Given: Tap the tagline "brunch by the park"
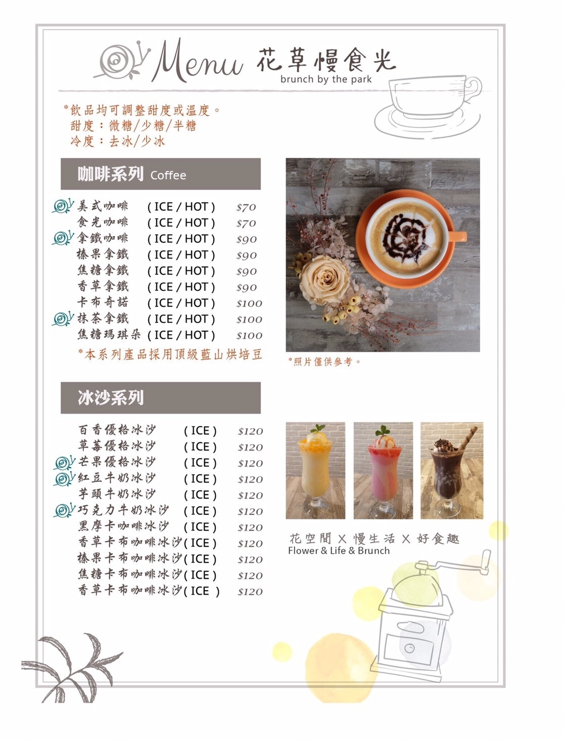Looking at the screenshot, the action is click(326, 79).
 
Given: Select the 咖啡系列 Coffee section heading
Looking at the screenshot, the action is click(161, 174).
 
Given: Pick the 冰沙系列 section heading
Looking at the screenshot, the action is click(161, 398).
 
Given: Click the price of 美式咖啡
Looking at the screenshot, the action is click(246, 207).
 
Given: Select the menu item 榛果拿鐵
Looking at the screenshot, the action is click(103, 254).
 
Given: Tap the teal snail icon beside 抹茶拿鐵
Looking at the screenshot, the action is click(63, 319).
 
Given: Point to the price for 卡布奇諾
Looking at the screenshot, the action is click(249, 303).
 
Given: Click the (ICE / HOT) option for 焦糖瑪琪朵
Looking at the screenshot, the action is click(181, 335).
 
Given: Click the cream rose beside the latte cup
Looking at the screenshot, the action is click(324, 280).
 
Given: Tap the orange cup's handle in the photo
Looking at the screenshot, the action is click(458, 236).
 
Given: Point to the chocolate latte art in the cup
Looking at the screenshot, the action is click(404, 238).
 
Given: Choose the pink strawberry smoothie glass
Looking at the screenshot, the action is click(384, 471).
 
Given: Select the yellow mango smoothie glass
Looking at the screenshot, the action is click(315, 471).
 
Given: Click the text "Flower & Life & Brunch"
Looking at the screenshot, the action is click(339, 551).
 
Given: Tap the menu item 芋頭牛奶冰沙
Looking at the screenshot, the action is click(117, 494).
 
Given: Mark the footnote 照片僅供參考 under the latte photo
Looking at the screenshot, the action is click(324, 361).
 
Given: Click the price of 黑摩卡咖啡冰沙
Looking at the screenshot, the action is click(250, 527).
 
